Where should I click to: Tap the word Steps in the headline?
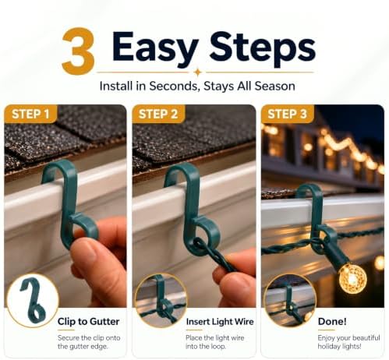coord(262,48)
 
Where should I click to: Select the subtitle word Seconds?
coord(175,86)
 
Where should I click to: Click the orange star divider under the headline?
coord(198,72)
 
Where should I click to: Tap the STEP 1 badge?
coord(30,114)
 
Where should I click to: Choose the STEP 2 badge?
coord(158,114)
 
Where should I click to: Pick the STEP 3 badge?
coord(287,114)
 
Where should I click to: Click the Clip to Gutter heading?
coord(88,322)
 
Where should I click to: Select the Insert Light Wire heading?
coord(220,322)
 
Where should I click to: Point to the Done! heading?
coord(332,322)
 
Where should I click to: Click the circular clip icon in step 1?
coord(33,300)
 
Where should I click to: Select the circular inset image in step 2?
coord(161,300)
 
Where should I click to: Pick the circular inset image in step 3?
coord(289,300)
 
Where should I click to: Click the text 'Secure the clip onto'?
coord(89,338)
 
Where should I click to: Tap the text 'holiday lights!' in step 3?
coord(339,347)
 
